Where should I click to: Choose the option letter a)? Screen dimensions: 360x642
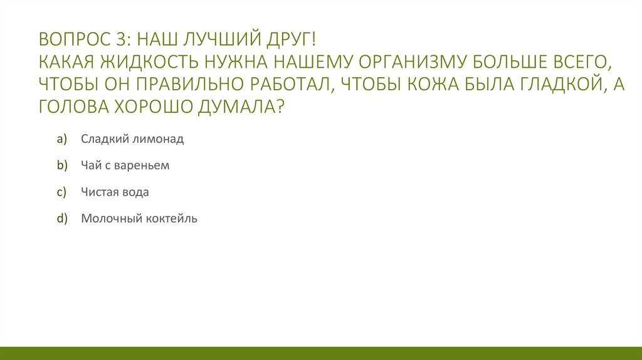(x=61, y=139)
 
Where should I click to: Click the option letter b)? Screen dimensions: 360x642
(x=61, y=166)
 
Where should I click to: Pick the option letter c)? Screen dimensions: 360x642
(x=61, y=193)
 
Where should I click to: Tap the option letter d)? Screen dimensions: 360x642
(x=61, y=219)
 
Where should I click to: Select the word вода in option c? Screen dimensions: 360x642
(x=135, y=193)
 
